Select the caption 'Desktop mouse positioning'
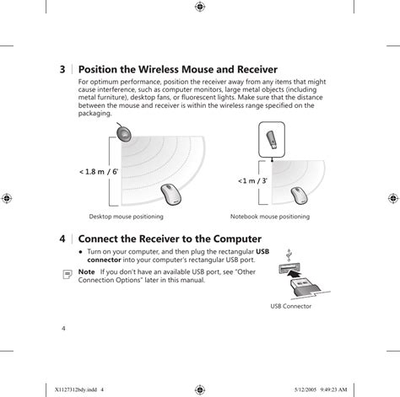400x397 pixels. [x=125, y=217]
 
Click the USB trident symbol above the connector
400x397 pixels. [x=289, y=254]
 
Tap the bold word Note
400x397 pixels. [x=86, y=272]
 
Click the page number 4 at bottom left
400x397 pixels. [x=64, y=327]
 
